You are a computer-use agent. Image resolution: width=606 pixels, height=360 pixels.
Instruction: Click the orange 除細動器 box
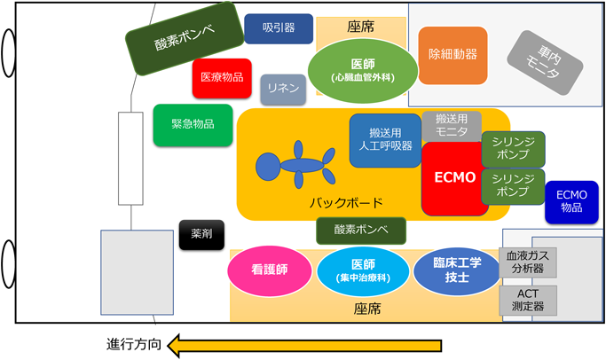click(x=453, y=55)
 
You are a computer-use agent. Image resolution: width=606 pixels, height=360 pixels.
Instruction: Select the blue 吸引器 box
click(x=278, y=28)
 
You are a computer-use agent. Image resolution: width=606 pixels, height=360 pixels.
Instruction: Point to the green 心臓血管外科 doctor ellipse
click(x=362, y=69)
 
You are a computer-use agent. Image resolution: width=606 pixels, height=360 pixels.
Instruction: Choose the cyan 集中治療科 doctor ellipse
click(x=363, y=271)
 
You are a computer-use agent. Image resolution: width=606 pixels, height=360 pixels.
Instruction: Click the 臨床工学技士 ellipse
click(x=456, y=271)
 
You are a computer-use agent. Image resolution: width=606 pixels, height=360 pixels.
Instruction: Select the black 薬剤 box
click(x=201, y=234)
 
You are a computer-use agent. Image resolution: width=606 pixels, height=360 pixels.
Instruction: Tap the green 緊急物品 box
click(x=193, y=125)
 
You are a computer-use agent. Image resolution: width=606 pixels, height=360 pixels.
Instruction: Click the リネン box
click(x=283, y=90)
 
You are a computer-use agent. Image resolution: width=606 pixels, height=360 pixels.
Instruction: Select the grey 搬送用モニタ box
click(x=452, y=125)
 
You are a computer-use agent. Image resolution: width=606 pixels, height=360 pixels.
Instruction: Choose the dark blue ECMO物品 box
click(x=571, y=200)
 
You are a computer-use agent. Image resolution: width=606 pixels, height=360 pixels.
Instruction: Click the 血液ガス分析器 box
click(x=529, y=262)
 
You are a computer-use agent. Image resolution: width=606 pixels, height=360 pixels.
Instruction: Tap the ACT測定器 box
click(x=529, y=300)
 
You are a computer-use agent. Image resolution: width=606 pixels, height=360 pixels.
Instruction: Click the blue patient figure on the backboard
click(x=293, y=164)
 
